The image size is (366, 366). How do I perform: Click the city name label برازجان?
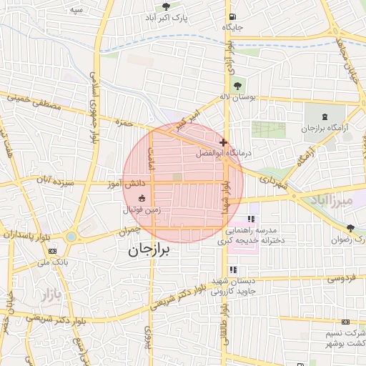click(152, 251)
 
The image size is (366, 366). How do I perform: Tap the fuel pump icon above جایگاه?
click(232, 17)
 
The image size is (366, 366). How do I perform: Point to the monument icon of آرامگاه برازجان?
click(326, 117)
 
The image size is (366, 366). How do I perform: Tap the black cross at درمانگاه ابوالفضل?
click(224, 142)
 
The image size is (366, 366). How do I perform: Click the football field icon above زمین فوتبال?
click(142, 197)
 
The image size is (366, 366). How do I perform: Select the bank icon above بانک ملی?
click(52, 251)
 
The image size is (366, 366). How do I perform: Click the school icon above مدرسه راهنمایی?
click(251, 219)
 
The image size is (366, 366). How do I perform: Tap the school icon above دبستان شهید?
click(233, 269)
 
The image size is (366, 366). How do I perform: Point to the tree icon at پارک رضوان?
click(350, 228)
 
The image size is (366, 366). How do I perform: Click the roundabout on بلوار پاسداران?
click(71, 237)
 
